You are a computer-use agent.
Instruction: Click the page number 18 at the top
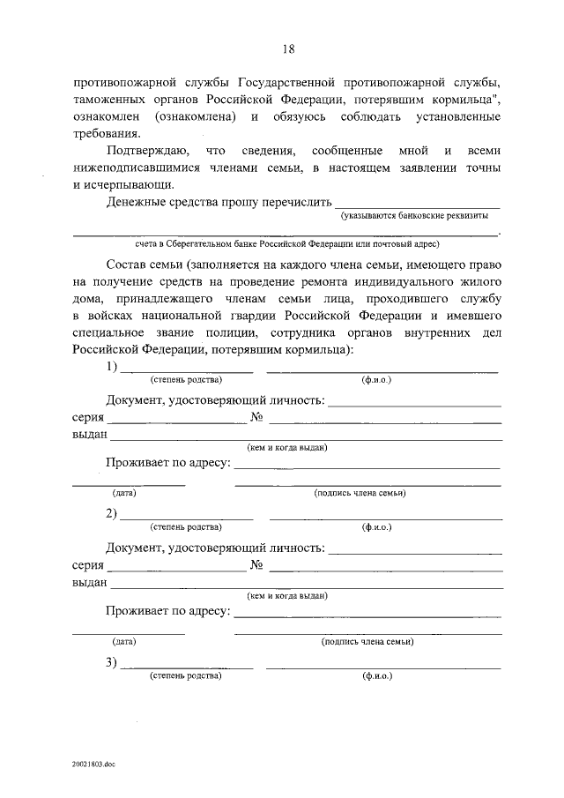pyautogui.click(x=288, y=48)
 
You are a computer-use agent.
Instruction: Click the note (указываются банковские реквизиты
pyautogui.click(x=414, y=216)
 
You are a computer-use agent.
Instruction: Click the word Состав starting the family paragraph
pyautogui.click(x=129, y=265)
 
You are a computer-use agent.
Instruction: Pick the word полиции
pyautogui.click(x=254, y=332)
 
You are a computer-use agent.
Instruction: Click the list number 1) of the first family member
pyautogui.click(x=112, y=367)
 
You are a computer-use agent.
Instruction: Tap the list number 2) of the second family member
pyautogui.click(x=112, y=514)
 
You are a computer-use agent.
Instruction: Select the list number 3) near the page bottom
pyautogui.click(x=112, y=663)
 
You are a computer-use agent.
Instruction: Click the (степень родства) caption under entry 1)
pyautogui.click(x=186, y=380)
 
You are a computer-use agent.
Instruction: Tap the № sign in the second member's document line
pyautogui.click(x=258, y=565)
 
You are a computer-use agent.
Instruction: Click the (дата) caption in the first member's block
pyautogui.click(x=123, y=495)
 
